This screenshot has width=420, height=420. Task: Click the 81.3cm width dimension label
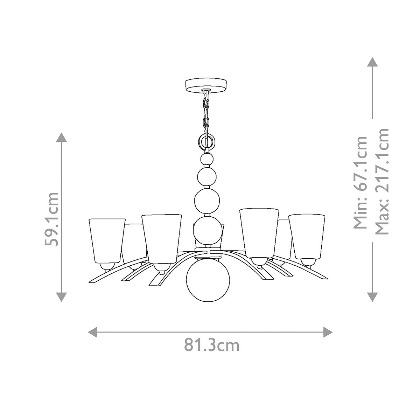[212, 345]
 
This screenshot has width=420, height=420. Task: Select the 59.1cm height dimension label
[52, 218]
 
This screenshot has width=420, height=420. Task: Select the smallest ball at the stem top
[207, 159]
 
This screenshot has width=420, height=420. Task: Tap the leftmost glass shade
[106, 241]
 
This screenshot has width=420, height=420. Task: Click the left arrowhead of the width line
[92, 331]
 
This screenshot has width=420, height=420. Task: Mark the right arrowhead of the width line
[328, 331]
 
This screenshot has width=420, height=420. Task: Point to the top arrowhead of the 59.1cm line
[62, 137]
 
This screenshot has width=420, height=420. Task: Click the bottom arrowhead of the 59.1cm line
[62, 297]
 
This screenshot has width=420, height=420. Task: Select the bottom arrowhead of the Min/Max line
[372, 297]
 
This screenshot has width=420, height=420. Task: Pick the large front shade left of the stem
[162, 238]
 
